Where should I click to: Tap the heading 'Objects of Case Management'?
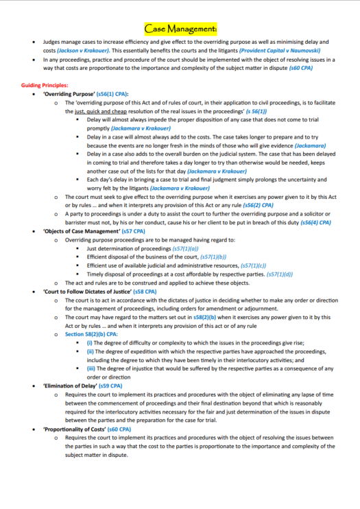tap(82, 231)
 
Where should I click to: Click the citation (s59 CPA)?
tap(112, 386)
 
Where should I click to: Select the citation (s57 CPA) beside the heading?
tap(134, 231)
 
